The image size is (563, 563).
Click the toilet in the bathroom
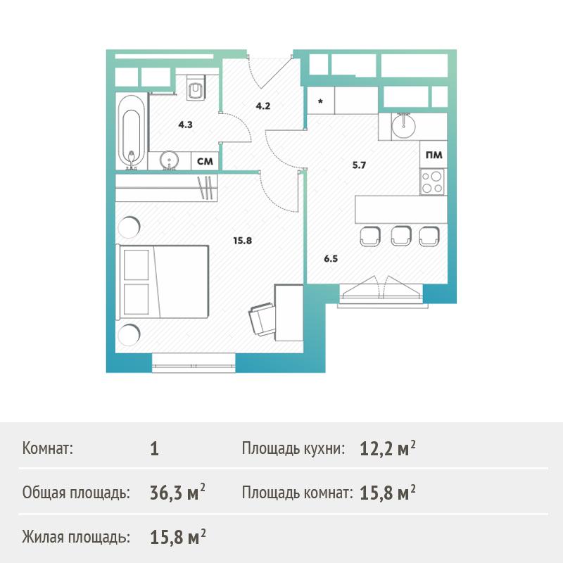tap(196, 87)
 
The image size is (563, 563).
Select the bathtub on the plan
tap(132, 132)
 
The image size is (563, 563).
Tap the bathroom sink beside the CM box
tap(169, 160)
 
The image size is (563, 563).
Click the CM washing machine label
tap(205, 161)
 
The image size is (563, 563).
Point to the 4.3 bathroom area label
tap(185, 125)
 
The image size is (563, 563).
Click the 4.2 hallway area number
tap(262, 106)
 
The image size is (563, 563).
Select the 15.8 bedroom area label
tap(242, 241)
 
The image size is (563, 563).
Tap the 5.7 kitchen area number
tap(359, 165)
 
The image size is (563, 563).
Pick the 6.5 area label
tap(331, 258)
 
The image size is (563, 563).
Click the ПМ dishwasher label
tap(434, 155)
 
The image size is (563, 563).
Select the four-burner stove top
tap(432, 182)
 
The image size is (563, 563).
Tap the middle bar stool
tap(400, 236)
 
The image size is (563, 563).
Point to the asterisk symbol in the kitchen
tap(320, 101)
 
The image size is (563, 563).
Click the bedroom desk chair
tap(262, 318)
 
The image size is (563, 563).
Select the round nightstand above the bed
tap(129, 227)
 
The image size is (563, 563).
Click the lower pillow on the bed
tap(136, 299)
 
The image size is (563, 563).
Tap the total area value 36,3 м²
tap(177, 492)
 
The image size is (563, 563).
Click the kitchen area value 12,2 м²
tap(388, 448)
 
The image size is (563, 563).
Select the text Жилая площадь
tap(76, 538)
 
